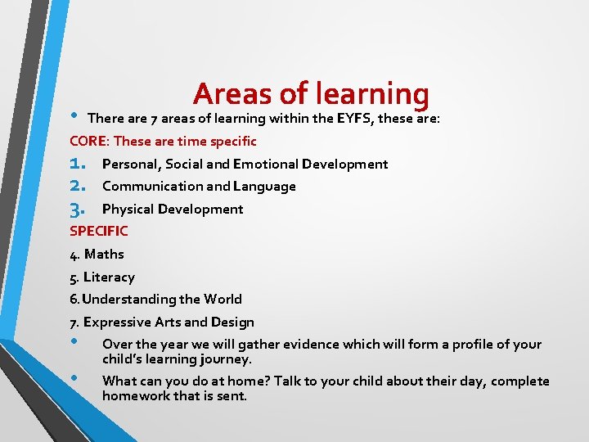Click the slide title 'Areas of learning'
pyautogui.click(x=311, y=94)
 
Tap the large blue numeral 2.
pyautogui.click(x=79, y=186)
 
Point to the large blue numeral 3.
pyautogui.click(x=79, y=209)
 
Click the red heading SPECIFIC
pyautogui.click(x=99, y=232)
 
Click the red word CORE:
pyautogui.click(x=88, y=142)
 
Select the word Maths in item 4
pyautogui.click(x=104, y=255)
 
